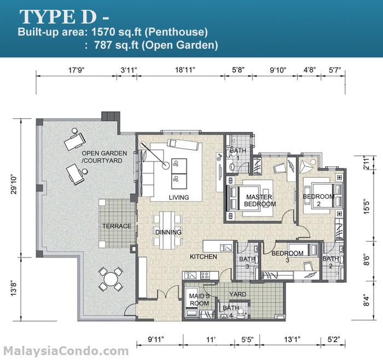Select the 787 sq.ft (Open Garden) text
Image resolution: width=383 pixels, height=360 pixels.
point(155,46)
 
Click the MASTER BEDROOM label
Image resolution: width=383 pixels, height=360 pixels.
point(260,200)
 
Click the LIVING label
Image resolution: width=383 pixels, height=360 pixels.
point(179,198)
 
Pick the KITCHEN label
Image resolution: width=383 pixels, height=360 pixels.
point(204,257)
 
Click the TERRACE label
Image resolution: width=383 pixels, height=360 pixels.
point(117,226)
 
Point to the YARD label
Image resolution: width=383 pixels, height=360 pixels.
point(238,294)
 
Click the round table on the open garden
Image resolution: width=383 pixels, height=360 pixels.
point(111,279)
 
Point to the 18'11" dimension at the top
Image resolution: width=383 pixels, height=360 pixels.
point(184,69)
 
